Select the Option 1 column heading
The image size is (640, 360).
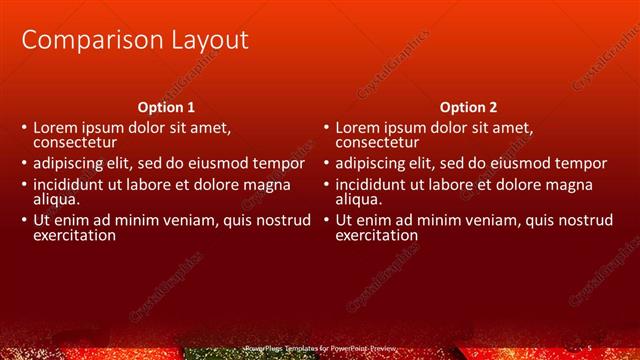(166, 107)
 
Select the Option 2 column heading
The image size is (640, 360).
(468, 107)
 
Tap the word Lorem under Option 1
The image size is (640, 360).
(56, 128)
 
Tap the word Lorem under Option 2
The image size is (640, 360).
(358, 128)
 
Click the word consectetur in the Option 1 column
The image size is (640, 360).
(76, 143)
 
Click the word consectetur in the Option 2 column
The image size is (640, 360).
(378, 143)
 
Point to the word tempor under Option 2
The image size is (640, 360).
(580, 164)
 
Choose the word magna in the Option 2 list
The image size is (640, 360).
(557, 185)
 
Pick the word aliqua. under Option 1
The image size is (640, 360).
(56, 199)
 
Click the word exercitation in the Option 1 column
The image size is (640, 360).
(74, 236)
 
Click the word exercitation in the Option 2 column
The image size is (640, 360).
(376, 236)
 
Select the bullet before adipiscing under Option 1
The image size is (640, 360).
(24, 164)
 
